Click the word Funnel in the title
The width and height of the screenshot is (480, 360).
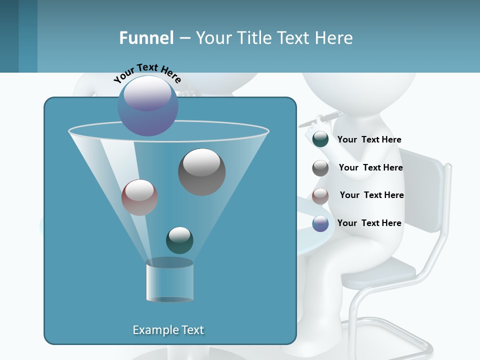pos(146,38)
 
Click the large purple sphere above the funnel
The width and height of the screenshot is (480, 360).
pos(148,105)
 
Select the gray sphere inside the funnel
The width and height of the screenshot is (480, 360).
pos(201,171)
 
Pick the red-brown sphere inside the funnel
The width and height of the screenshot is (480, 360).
pos(139,197)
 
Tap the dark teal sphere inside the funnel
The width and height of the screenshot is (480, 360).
pos(179,240)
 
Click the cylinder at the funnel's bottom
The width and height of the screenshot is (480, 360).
pos(169,281)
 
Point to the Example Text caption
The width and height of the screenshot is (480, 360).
pos(168,330)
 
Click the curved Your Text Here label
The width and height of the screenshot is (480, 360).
pos(147,73)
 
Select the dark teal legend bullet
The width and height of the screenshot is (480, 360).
pos(320,139)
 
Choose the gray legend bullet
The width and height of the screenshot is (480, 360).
pos(320,168)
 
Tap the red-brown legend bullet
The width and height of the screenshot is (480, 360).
pos(320,195)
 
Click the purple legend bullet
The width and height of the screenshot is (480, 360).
pos(320,223)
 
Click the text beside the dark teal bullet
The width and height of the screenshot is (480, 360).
pos(369,140)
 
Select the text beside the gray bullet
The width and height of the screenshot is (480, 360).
pos(370,168)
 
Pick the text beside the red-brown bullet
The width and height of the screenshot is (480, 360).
pos(371,195)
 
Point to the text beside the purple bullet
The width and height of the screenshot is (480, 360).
pos(369,223)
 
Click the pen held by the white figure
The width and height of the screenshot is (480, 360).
pos(327,118)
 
